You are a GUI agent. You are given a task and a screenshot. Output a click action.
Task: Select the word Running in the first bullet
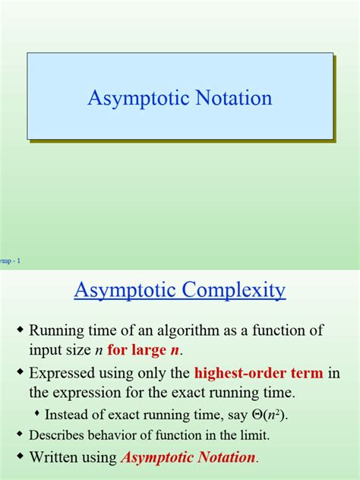point(58,330)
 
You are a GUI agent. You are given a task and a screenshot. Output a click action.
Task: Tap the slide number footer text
point(11,261)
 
